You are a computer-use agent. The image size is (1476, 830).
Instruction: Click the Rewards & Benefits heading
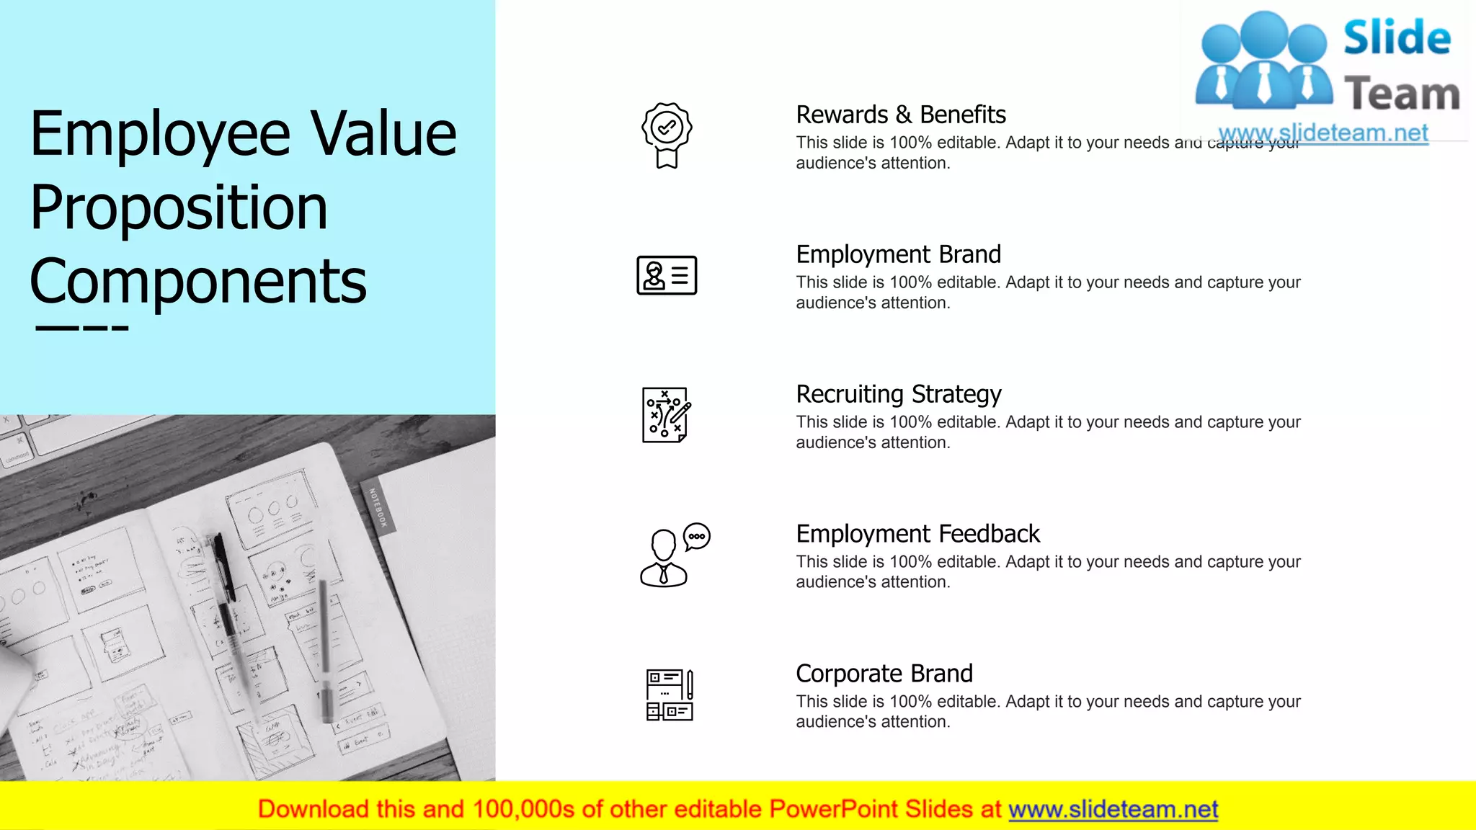(900, 115)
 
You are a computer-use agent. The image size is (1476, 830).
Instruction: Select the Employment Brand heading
(898, 254)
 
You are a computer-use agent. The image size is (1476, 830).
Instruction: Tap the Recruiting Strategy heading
(898, 394)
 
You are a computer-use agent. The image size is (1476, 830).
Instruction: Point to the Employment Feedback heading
(917, 534)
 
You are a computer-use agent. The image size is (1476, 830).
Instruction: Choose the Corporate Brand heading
(884, 674)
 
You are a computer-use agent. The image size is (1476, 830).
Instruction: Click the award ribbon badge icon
(667, 135)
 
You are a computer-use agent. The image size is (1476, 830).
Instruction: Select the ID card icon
(667, 275)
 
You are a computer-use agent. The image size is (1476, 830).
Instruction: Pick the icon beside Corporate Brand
(670, 695)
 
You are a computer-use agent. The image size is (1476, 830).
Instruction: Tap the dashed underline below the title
(81, 329)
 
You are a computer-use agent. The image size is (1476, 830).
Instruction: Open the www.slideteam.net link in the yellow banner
(1113, 810)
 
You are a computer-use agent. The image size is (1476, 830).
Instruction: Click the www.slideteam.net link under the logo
(1322, 133)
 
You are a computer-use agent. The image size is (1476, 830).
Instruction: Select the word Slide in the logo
(1397, 37)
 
